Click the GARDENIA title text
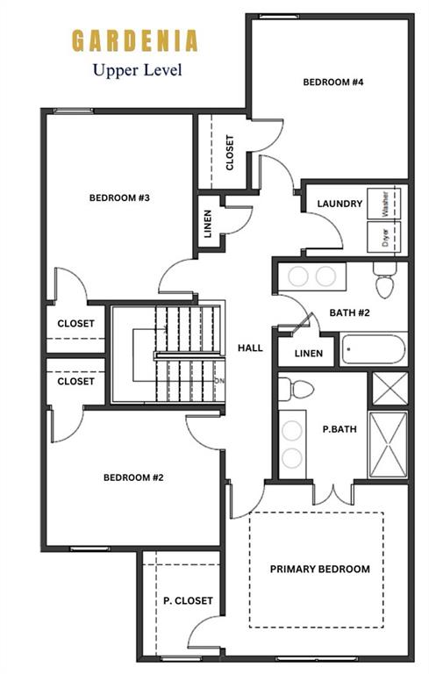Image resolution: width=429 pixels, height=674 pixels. click(x=134, y=41)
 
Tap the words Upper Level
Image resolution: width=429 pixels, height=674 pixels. click(x=138, y=70)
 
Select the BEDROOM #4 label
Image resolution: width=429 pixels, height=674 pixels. click(x=333, y=82)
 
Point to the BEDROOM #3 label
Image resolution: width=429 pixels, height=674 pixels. click(x=119, y=197)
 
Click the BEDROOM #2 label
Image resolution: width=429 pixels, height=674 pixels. click(x=133, y=477)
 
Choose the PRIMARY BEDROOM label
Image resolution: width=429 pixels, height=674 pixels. click(x=320, y=569)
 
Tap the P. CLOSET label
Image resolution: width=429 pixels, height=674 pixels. click(x=188, y=600)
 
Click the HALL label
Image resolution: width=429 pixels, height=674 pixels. click(x=250, y=348)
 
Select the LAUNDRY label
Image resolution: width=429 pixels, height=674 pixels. click(x=340, y=204)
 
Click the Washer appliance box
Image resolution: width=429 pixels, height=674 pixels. click(x=384, y=204)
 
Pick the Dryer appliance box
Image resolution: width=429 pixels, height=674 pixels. click(x=384, y=237)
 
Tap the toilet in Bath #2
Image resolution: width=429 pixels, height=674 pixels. click(x=385, y=280)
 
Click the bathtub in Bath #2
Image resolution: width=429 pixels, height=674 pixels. click(x=373, y=349)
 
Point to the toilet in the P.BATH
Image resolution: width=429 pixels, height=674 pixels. click(x=296, y=389)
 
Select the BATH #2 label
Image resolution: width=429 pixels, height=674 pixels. click(x=349, y=312)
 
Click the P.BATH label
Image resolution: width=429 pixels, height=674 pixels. click(x=340, y=429)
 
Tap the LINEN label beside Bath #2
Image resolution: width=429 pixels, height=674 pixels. click(x=309, y=354)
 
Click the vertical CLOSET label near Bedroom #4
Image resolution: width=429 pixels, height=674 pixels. click(x=230, y=153)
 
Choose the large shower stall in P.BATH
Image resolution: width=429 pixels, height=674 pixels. click(x=388, y=445)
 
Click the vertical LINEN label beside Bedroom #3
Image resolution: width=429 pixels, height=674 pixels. click(x=208, y=224)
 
